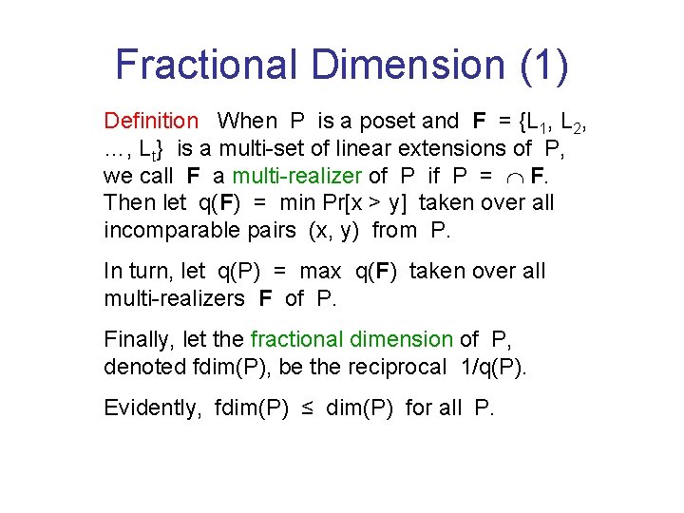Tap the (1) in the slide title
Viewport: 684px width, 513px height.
coord(544,65)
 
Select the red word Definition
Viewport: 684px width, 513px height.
coord(151,122)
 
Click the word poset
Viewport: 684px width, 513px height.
coord(386,122)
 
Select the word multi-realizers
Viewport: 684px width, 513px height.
coord(177,299)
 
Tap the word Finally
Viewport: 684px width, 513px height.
coord(139,339)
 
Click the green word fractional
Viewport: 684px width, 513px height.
coord(300,339)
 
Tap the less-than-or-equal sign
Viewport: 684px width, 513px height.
coord(308,408)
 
